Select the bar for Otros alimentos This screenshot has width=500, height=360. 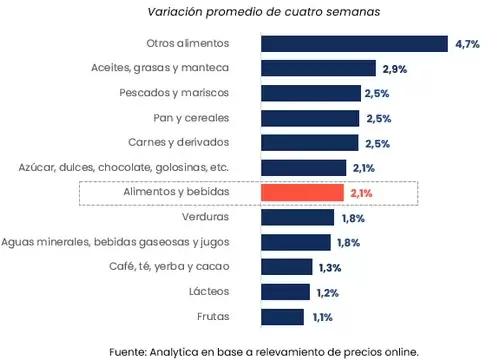click(x=353, y=43)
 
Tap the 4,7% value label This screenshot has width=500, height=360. click(x=468, y=44)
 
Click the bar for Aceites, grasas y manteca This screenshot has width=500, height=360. click(x=318, y=68)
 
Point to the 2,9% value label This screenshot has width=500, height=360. click(x=393, y=69)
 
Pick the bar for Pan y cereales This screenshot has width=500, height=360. click(x=310, y=118)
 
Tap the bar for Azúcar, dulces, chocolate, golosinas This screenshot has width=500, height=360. click(x=303, y=167)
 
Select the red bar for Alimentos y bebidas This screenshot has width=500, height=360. click(x=303, y=192)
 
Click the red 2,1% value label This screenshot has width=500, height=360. click(x=362, y=193)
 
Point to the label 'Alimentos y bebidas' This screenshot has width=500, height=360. click(x=176, y=192)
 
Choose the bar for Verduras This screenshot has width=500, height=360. click(x=297, y=217)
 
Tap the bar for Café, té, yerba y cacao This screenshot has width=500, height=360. click(x=286, y=267)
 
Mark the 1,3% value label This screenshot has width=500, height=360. click(x=329, y=268)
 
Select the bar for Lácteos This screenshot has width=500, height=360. click(x=284, y=292)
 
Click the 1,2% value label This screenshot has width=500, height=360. click(x=326, y=293)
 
